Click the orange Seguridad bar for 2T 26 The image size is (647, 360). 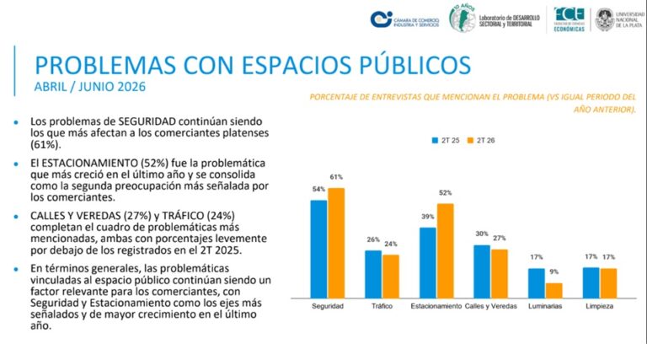pos(336,243)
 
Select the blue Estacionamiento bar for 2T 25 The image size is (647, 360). pos(428,262)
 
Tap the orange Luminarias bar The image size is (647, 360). pos(553,290)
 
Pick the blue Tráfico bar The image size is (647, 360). pos(373,274)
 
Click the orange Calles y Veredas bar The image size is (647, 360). pos(500,273)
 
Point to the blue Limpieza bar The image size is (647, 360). pos(591,282)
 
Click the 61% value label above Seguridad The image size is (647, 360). pos(336,177)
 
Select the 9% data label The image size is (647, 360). pos(553,271)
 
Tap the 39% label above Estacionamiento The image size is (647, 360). pos(428,217)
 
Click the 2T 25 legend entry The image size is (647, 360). pos(446,140)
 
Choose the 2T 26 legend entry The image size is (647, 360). pos(481,140)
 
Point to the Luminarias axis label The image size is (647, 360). pos(545,306)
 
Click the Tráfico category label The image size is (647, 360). pos(382,306)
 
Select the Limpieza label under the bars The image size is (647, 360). pos(600,306)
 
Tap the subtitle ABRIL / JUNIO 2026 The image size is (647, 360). pos(90,87)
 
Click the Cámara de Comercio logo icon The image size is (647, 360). pos(381,19)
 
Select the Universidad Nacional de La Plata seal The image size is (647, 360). pos(605,19)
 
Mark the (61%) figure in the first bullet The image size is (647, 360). pos(45,145)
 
